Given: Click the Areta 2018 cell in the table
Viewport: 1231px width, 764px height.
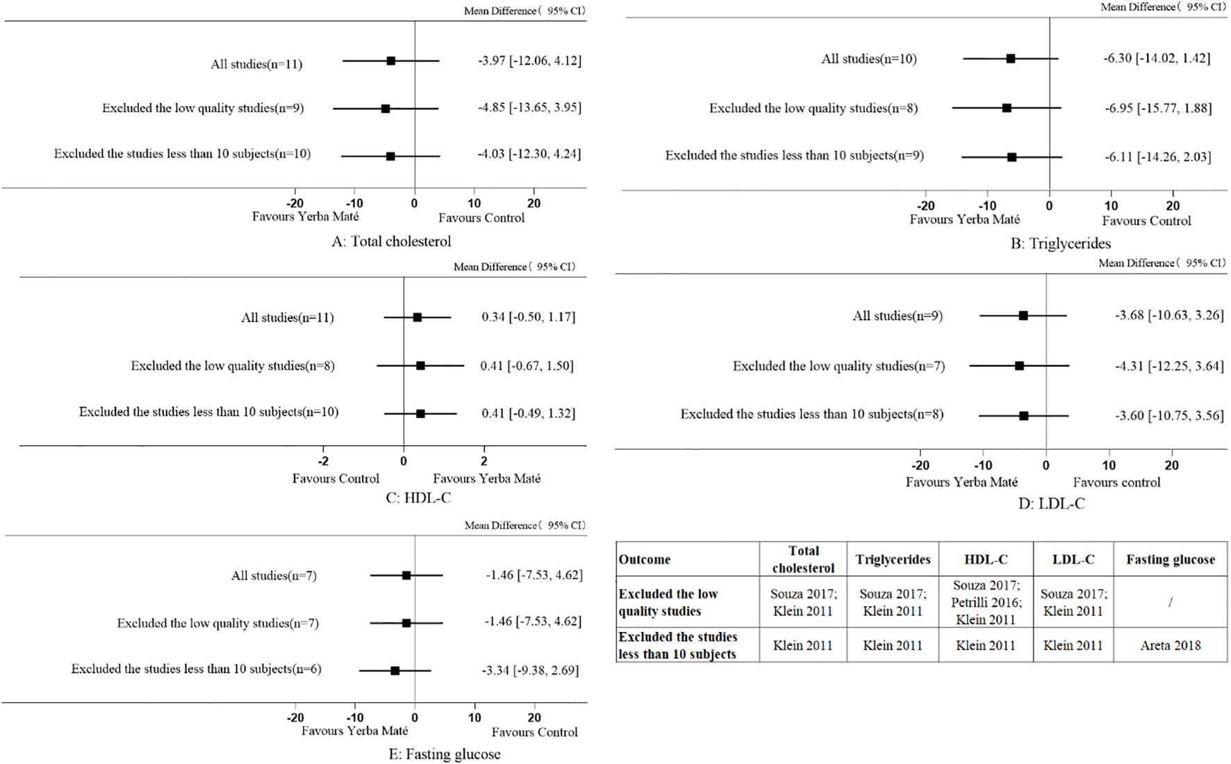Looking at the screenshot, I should click(1171, 645).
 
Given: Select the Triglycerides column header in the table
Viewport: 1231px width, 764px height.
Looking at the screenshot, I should click(893, 559).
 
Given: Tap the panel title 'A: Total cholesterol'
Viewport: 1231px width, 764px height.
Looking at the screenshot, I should click(391, 242).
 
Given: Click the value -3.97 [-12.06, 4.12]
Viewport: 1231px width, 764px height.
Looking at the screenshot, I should click(529, 61).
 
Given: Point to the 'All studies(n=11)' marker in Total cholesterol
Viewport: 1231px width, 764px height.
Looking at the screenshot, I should click(391, 61).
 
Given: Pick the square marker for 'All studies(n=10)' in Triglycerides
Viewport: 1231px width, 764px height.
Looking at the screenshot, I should click(1011, 59).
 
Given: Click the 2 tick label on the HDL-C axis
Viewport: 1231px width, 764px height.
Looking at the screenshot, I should click(484, 460).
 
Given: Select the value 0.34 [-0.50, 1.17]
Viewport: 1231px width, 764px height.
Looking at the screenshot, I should click(528, 317).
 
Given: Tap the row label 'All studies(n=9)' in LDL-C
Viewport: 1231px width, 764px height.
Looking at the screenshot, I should click(898, 316).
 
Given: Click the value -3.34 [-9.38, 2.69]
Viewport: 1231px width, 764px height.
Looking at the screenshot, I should click(530, 671).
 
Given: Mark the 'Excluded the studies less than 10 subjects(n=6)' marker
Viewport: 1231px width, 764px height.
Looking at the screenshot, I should click(395, 671).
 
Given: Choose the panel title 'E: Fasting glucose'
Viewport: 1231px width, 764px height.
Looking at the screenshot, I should click(444, 754).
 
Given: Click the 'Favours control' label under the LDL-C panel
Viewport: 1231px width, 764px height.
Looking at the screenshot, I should click(1116, 483).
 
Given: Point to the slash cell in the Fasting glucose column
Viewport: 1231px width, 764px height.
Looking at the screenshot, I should click(1171, 602).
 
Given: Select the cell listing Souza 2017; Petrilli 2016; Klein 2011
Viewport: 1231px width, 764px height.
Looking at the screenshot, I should click(986, 602).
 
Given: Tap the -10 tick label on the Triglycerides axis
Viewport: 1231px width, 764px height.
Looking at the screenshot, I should click(987, 206).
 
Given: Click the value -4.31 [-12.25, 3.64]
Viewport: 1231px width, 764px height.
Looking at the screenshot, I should click(1169, 366).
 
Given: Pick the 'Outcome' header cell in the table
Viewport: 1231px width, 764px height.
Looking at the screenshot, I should click(645, 559).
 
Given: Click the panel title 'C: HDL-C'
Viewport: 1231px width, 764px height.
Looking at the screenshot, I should click(418, 498).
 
